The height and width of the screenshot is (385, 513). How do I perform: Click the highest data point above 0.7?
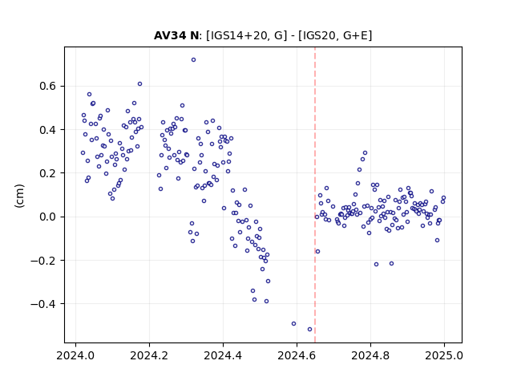pyautogui.click(x=193, y=60)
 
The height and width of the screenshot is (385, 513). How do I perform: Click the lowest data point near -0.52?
pyautogui.click(x=310, y=330)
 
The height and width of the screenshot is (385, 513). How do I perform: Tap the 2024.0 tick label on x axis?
pyautogui.click(x=75, y=355)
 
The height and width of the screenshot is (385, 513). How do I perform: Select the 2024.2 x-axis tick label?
pyautogui.click(x=149, y=355)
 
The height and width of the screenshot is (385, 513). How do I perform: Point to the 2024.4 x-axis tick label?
pyautogui.click(x=223, y=355)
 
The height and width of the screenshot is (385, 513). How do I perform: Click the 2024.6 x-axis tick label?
pyautogui.click(x=297, y=355)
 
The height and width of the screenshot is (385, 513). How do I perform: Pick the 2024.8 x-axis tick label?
pyautogui.click(x=370, y=355)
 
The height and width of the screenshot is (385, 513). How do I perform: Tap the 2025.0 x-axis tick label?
pyautogui.click(x=444, y=355)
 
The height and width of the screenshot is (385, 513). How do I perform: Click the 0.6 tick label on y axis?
pyautogui.click(x=47, y=86)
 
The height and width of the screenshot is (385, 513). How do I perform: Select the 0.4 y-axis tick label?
pyautogui.click(x=47, y=130)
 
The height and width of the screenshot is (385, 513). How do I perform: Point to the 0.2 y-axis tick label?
pyautogui.click(x=47, y=173)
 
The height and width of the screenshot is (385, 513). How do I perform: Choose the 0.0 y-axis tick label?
pyautogui.click(x=47, y=217)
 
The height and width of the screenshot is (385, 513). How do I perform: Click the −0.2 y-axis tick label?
pyautogui.click(x=43, y=261)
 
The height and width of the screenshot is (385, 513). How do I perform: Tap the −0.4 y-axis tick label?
pyautogui.click(x=43, y=304)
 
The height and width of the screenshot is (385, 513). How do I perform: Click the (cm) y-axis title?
pyautogui.click(x=19, y=196)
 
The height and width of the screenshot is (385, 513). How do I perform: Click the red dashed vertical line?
pyautogui.click(x=315, y=195)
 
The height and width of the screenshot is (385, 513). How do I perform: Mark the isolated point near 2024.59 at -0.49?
pyautogui.click(x=294, y=324)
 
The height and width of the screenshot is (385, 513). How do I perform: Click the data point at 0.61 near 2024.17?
pyautogui.click(x=139, y=84)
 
